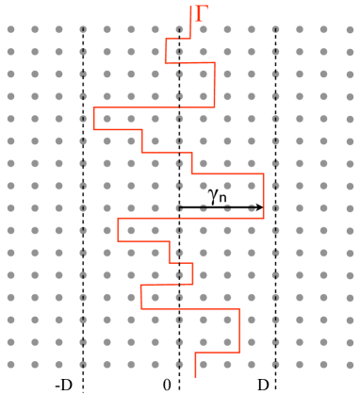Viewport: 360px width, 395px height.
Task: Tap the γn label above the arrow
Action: pyautogui.click(x=220, y=193)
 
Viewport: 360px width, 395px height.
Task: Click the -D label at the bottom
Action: pyautogui.click(x=63, y=385)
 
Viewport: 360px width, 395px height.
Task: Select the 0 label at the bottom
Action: pyautogui.click(x=167, y=385)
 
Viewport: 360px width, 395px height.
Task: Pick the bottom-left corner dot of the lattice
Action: pyautogui.click(x=11, y=365)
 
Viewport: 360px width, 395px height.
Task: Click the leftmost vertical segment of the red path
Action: pyautogui.click(x=94, y=119)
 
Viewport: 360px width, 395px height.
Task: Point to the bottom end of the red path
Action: pyautogui.click(x=195, y=375)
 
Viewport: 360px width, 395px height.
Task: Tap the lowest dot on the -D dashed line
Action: pyautogui.click(x=83, y=365)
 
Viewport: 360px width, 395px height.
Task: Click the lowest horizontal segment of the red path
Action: pyautogui.click(x=218, y=354)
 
